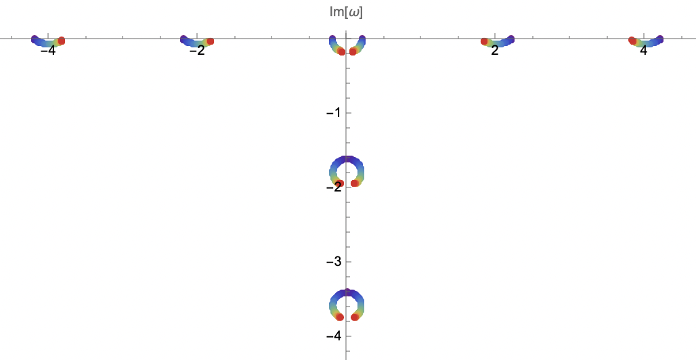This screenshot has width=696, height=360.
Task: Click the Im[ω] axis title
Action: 346,12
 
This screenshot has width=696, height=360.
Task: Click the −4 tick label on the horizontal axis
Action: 47,51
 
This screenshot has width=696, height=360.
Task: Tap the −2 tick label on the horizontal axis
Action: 196,51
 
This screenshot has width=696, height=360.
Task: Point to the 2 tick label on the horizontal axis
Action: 495,51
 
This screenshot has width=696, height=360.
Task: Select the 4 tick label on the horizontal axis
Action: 644,51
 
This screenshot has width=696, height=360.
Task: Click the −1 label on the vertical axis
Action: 333,113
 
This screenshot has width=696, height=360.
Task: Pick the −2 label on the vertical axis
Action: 333,187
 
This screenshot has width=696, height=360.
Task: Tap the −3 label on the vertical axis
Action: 333,261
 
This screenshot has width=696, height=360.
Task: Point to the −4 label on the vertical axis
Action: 333,336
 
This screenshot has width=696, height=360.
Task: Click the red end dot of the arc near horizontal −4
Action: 61,41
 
